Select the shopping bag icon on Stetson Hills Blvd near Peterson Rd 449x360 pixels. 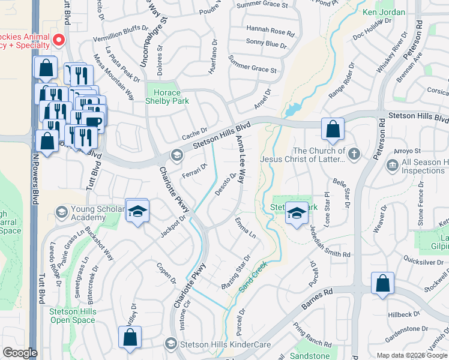(x=332, y=128)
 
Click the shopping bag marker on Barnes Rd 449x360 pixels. (x=382, y=284)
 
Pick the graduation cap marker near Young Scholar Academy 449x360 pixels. (x=137, y=211)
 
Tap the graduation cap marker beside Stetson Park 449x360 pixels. (x=296, y=213)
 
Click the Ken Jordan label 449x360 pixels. (x=384, y=13)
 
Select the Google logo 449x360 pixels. (x=20, y=353)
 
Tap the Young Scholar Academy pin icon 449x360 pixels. (x=61, y=212)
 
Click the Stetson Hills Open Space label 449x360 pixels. (x=68, y=316)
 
